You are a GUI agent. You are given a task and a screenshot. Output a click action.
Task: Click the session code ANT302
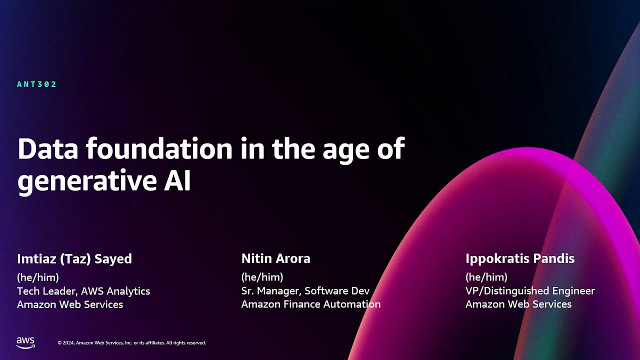pyautogui.click(x=37, y=84)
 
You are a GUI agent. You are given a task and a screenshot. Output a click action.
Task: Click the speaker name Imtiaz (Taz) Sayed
pyautogui.click(x=74, y=259)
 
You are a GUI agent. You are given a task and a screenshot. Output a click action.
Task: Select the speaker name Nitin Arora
pyautogui.click(x=275, y=259)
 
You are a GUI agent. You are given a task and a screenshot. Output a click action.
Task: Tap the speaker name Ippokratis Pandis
pyautogui.click(x=519, y=259)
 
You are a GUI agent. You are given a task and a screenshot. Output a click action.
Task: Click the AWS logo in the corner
pyautogui.click(x=25, y=342)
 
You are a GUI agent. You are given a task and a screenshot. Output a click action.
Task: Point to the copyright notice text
pyautogui.click(x=131, y=343)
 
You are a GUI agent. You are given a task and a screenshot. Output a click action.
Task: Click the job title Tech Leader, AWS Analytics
pyautogui.click(x=83, y=291)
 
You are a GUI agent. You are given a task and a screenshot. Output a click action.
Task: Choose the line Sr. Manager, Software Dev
pyautogui.click(x=305, y=291)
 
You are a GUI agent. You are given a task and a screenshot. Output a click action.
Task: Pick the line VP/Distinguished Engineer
pyautogui.click(x=530, y=291)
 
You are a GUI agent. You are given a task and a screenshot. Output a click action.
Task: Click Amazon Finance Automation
pyautogui.click(x=310, y=304)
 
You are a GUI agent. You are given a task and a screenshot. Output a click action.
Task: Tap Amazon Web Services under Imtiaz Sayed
pyautogui.click(x=70, y=304)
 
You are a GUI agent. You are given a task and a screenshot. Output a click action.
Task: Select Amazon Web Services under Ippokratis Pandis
pyautogui.click(x=518, y=304)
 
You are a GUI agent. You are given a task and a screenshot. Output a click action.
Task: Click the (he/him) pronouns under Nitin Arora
pyautogui.click(x=262, y=277)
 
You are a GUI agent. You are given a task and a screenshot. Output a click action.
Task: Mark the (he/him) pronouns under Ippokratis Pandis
pyautogui.click(x=486, y=277)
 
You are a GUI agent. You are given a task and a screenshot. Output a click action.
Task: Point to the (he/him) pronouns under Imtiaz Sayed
pyautogui.click(x=38, y=277)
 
